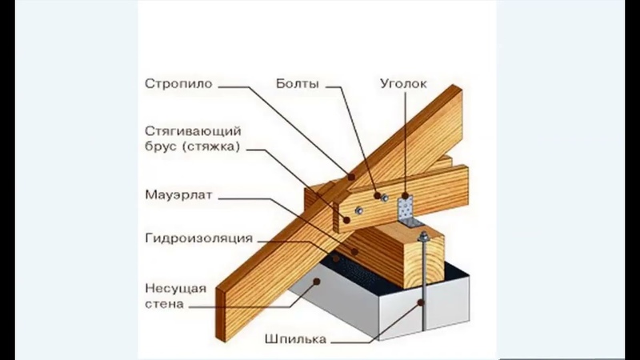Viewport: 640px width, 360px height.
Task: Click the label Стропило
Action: point(178,82)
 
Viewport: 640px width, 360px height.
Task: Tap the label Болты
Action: point(298,82)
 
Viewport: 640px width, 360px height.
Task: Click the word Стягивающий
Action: point(193,130)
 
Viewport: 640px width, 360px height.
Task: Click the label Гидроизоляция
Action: point(199,238)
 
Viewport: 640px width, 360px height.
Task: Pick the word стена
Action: point(165,304)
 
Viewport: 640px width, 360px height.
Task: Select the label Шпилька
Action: point(294,339)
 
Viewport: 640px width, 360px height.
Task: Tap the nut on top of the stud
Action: point(422,236)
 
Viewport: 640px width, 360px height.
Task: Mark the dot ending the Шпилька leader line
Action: point(422,302)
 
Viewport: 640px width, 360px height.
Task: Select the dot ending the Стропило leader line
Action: point(349,175)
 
